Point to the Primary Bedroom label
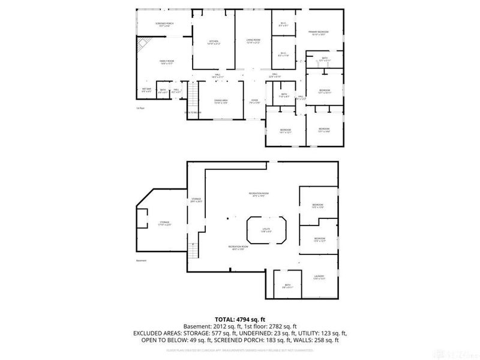(319, 33)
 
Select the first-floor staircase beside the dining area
(193, 96)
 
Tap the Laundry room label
(319, 278)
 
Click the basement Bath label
(287, 287)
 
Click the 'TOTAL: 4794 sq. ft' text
(240, 319)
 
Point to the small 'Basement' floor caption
(142, 260)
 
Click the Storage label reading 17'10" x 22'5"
(164, 224)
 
